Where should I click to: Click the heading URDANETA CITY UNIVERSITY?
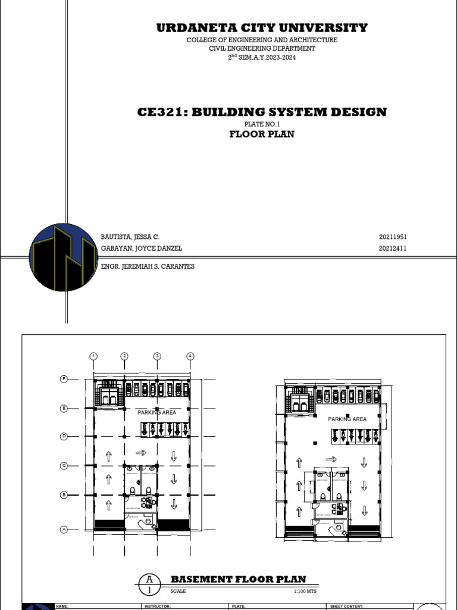[x=262, y=28]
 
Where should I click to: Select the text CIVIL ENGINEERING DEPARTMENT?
[x=262, y=48]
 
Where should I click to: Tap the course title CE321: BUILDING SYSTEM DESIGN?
[x=262, y=112]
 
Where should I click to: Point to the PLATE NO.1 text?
[x=262, y=124]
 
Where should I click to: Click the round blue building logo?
[x=63, y=257]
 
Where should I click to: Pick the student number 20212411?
[x=393, y=248]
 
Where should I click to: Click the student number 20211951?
[x=393, y=237]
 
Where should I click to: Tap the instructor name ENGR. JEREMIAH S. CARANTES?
[x=148, y=266]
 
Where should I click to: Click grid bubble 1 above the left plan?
[x=93, y=356]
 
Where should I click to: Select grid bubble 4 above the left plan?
[x=190, y=356]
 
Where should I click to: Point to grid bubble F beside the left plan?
[x=63, y=379]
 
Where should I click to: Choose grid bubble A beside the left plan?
[x=63, y=529]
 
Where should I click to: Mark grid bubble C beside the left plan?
[x=63, y=465]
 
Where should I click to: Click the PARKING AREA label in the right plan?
[x=348, y=419]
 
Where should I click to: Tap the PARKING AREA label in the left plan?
[x=157, y=412]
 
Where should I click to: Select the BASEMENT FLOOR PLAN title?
[x=238, y=579]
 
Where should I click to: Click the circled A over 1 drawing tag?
[x=149, y=584]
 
